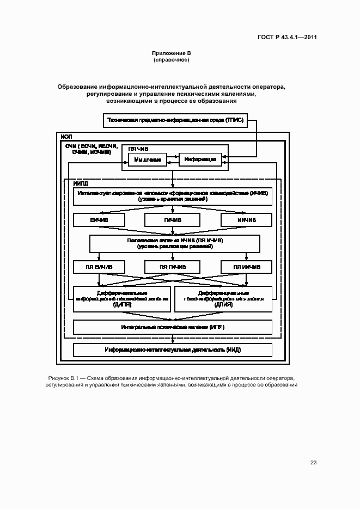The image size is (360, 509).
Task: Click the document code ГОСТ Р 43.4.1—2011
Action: [287, 38]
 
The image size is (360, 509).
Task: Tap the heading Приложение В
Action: [171, 53]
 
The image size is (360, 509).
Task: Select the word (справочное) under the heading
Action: [171, 60]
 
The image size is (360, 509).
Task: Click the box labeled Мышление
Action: [147, 160]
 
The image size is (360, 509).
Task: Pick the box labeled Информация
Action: [200, 160]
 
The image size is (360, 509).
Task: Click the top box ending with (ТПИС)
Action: [175, 120]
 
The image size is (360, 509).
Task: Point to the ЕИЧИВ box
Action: [99, 220]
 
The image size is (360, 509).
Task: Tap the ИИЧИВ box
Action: [246, 220]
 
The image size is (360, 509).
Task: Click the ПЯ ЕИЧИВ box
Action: [99, 267]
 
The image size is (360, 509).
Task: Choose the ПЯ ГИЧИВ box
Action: [172, 267]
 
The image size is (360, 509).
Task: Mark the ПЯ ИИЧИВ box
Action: [246, 267]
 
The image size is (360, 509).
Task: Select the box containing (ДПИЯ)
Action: [223, 299]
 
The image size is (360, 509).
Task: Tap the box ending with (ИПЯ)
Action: [172, 327]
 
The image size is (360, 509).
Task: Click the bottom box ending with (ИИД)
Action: [172, 349]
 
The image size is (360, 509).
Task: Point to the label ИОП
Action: [66, 136]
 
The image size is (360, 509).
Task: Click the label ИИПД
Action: [81, 184]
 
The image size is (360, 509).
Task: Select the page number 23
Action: [313, 463]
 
